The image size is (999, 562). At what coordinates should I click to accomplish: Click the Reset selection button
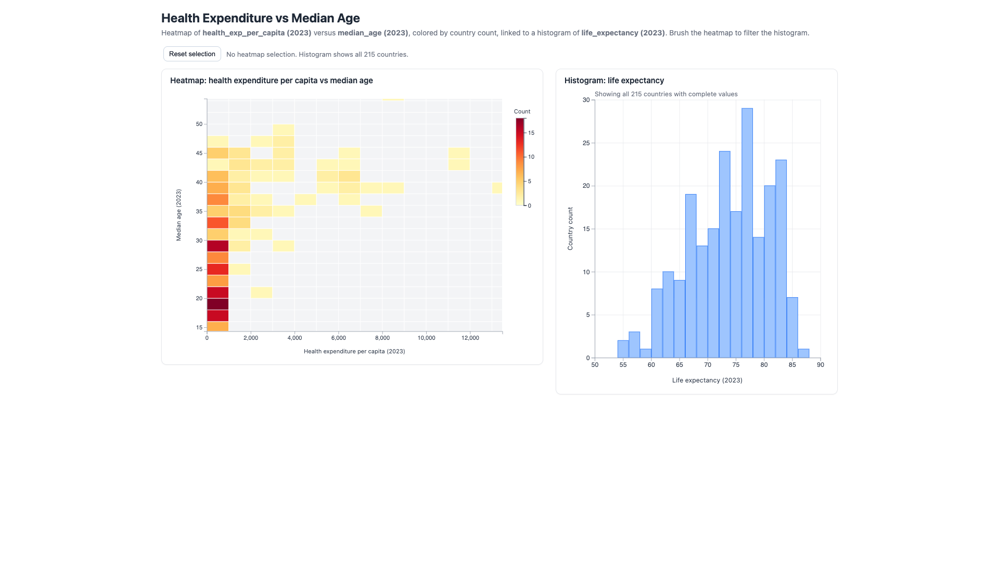tap(192, 54)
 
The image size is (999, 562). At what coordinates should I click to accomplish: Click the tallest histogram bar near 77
tap(747, 233)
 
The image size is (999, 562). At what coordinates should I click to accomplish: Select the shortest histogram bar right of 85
tap(803, 353)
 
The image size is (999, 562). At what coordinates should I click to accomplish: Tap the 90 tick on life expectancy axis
tap(821, 365)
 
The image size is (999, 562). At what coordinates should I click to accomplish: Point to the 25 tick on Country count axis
tap(586, 143)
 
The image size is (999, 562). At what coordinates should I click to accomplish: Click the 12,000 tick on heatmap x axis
tap(470, 338)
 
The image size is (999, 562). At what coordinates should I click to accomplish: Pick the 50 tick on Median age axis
tap(199, 124)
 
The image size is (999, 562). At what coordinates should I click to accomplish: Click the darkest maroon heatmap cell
tap(218, 304)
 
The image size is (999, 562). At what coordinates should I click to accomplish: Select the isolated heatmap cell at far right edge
tap(497, 188)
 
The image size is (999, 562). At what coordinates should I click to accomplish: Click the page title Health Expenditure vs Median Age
tap(261, 18)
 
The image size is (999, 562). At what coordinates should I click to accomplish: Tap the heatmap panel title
tap(272, 81)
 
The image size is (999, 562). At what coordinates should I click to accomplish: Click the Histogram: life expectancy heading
tap(614, 81)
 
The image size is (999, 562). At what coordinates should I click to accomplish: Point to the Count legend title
tap(522, 111)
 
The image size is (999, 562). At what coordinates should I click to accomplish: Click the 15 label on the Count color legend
tap(531, 133)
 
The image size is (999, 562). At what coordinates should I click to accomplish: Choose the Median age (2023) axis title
tap(178, 215)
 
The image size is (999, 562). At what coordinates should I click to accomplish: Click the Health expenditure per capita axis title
tap(354, 351)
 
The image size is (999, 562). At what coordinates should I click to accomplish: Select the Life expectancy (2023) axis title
tap(707, 380)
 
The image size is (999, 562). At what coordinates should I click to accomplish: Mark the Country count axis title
tap(570, 228)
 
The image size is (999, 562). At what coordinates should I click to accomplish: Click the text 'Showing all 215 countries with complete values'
tap(666, 94)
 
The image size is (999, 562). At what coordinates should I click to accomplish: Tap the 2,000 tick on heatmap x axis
tap(251, 338)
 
